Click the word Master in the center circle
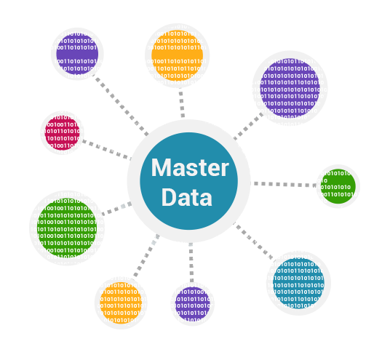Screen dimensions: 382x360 click(x=190, y=167)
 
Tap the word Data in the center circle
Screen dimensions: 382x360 click(x=187, y=198)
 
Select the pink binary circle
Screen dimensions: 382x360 click(x=63, y=132)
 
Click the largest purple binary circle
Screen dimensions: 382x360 click(x=290, y=88)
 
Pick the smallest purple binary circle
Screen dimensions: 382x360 click(x=193, y=304)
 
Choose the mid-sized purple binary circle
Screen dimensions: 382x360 click(x=77, y=54)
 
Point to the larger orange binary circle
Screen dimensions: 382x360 click(x=177, y=55)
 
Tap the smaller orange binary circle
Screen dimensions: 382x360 click(x=121, y=303)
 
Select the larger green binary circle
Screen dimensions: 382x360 click(x=67, y=228)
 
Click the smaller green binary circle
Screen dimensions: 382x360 click(x=338, y=186)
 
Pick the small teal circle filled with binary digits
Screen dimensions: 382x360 click(x=298, y=284)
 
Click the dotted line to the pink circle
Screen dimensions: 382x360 click(x=107, y=150)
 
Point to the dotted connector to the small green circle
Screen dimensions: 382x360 click(x=285, y=185)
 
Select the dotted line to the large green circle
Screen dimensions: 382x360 click(x=117, y=209)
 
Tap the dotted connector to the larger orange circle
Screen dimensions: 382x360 click(x=182, y=104)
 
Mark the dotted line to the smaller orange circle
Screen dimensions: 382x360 click(x=147, y=255)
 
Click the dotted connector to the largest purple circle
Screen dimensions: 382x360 click(x=249, y=126)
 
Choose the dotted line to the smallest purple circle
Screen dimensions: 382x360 click(x=191, y=263)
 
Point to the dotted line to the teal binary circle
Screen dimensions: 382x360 click(x=253, y=241)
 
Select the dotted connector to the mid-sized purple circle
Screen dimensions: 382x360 click(x=122, y=106)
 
